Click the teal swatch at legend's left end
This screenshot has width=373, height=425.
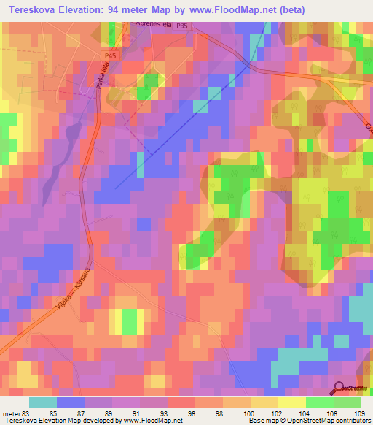tap(42, 402)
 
